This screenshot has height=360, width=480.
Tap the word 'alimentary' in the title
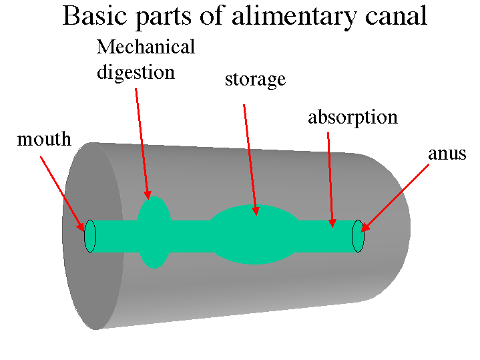tap(294, 16)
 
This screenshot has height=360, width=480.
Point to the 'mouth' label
tap(44, 140)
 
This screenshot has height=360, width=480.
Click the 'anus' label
tap(447, 154)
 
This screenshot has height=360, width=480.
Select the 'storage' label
tap(255, 80)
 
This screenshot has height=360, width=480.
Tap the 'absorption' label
tap(352, 118)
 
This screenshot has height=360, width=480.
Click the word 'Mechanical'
tap(146, 47)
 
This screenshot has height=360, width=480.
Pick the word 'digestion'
tap(136, 71)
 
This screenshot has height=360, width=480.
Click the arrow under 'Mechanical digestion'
tap(142, 144)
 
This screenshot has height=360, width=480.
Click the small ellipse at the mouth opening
tap(90, 236)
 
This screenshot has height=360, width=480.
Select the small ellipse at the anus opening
tap(358, 236)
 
